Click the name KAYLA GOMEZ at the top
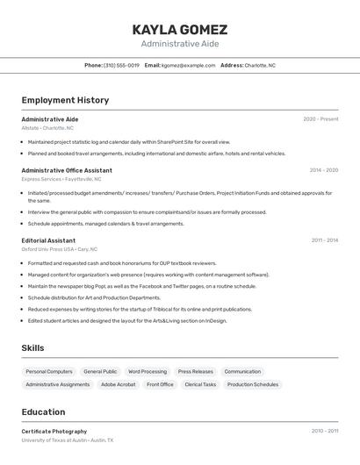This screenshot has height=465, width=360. [x=179, y=29]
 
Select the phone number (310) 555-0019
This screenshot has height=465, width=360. [x=121, y=65]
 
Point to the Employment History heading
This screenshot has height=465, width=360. [x=65, y=100]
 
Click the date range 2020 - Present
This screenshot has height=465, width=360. [x=320, y=119]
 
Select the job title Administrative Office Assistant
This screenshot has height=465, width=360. [x=67, y=170]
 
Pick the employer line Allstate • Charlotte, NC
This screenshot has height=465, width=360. [x=47, y=128]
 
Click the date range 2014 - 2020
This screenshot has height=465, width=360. [x=323, y=170]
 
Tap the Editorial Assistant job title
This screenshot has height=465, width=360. [x=48, y=240]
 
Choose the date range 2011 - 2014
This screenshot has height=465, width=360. [x=324, y=240]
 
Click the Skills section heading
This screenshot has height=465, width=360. [x=32, y=348]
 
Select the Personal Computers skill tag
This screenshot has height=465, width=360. [x=49, y=371]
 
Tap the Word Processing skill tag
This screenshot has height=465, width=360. [x=148, y=371]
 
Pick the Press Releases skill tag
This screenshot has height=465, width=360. [x=195, y=371]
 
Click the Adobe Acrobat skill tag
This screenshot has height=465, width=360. [x=119, y=384]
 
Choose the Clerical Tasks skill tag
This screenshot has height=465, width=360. [x=200, y=384]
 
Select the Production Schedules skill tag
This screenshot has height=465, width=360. [x=253, y=384]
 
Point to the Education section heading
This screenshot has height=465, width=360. [x=43, y=412]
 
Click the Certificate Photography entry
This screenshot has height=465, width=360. [x=54, y=432]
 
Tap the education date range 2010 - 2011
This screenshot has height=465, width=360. [x=324, y=432]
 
